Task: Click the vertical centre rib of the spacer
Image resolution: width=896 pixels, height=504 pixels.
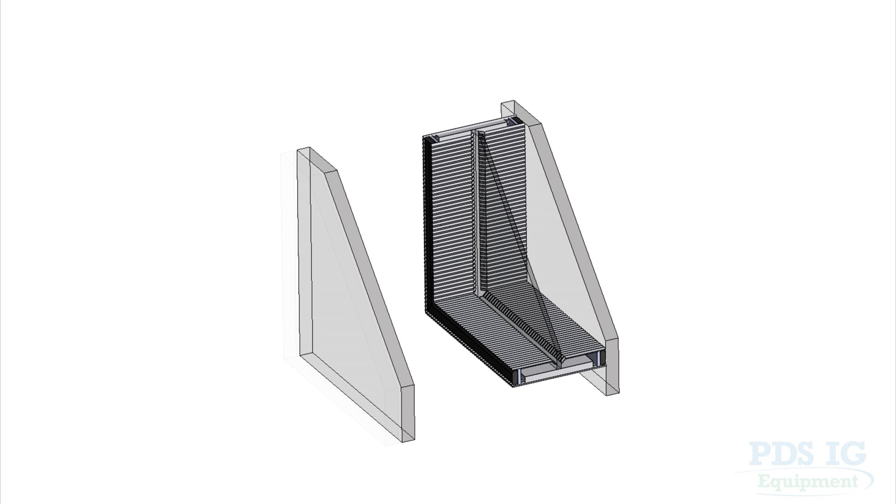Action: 476,210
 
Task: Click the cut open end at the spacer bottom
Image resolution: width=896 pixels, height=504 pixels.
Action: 560,371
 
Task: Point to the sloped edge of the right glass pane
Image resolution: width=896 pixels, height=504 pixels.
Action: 579,233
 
